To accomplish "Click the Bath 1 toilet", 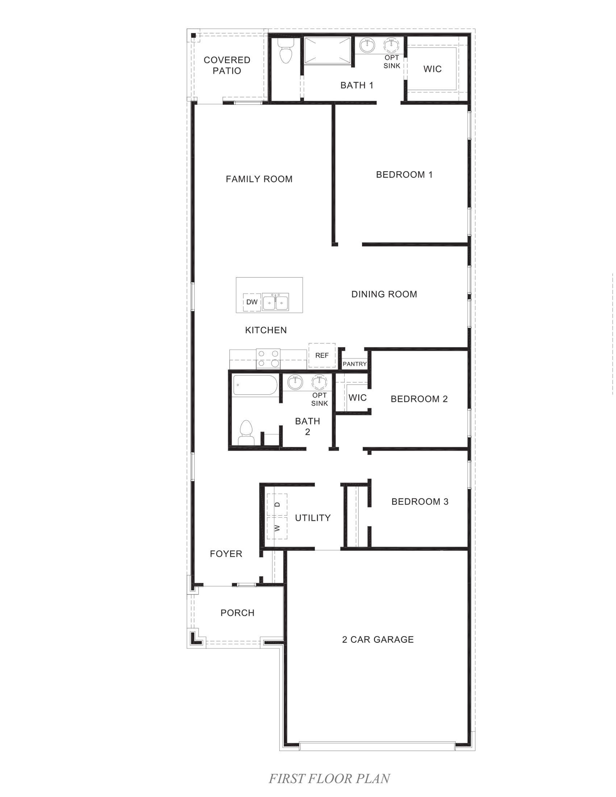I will [x=286, y=52].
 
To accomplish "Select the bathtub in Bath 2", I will [x=255, y=385].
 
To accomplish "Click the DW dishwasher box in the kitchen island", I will [x=252, y=302].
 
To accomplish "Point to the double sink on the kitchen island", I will [x=275, y=302].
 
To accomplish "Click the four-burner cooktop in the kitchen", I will [x=268, y=359].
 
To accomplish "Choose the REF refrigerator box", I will [x=322, y=355].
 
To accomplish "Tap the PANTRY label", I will [x=354, y=364].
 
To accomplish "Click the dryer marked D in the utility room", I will [x=277, y=505].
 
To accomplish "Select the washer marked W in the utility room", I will [x=277, y=528].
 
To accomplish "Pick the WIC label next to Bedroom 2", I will [x=357, y=397].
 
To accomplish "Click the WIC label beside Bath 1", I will [x=432, y=69].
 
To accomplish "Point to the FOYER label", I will [x=226, y=554].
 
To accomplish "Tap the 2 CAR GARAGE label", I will [x=378, y=639].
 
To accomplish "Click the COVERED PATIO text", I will [x=226, y=65].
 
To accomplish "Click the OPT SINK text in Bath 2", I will [x=319, y=399].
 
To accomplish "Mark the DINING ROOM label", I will [x=384, y=294].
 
